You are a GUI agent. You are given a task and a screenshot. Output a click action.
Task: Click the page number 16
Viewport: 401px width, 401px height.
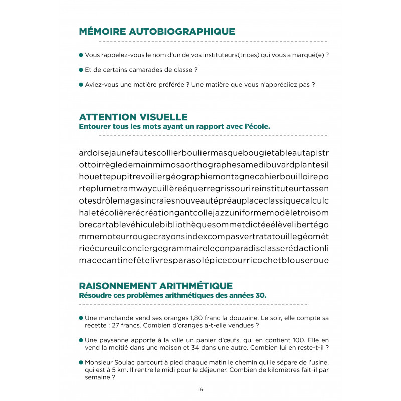pos(200,390)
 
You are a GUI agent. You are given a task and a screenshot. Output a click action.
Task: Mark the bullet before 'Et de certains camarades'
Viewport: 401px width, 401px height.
pos(81,70)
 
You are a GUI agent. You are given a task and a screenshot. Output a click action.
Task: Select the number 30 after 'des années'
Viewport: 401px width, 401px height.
pos(259,295)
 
